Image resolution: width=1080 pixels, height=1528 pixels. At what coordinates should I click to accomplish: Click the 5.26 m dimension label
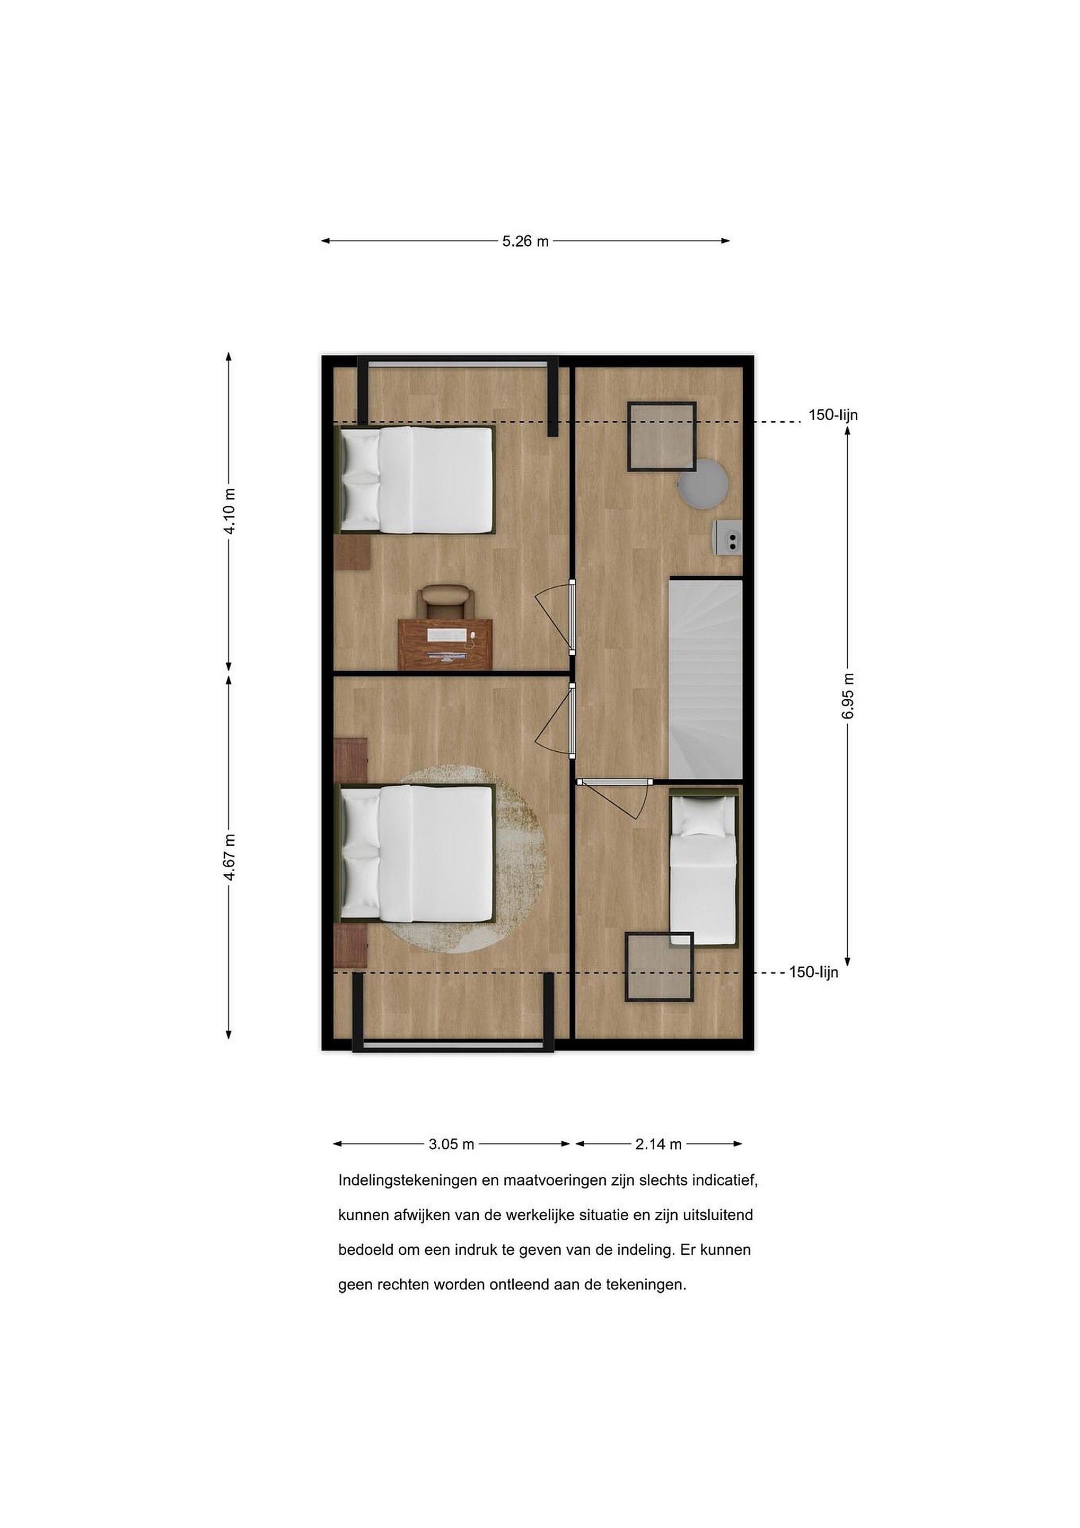(x=525, y=241)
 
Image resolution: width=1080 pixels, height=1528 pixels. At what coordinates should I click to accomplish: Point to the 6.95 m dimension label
(x=848, y=696)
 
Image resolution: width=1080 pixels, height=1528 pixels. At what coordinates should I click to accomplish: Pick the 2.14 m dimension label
(x=658, y=1144)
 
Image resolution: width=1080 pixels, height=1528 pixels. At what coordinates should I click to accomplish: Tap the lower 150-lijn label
(x=813, y=973)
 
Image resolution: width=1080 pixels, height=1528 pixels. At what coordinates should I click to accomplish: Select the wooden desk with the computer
(x=445, y=644)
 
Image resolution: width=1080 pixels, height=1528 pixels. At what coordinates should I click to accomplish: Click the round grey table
(x=703, y=484)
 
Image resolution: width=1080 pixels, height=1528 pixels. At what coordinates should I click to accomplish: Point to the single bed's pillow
(x=703, y=817)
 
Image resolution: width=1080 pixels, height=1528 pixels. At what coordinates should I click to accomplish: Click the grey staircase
(x=706, y=679)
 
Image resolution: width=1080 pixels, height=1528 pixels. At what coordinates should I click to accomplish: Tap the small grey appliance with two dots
(x=727, y=537)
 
